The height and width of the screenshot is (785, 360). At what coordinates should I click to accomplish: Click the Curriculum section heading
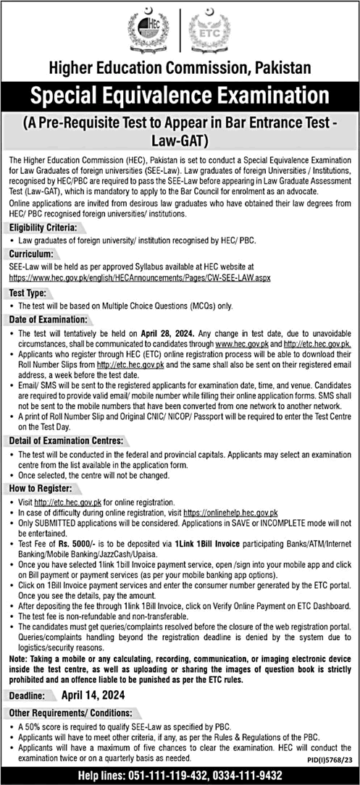[32, 255]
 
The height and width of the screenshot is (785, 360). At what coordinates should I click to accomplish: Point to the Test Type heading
[30, 293]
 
